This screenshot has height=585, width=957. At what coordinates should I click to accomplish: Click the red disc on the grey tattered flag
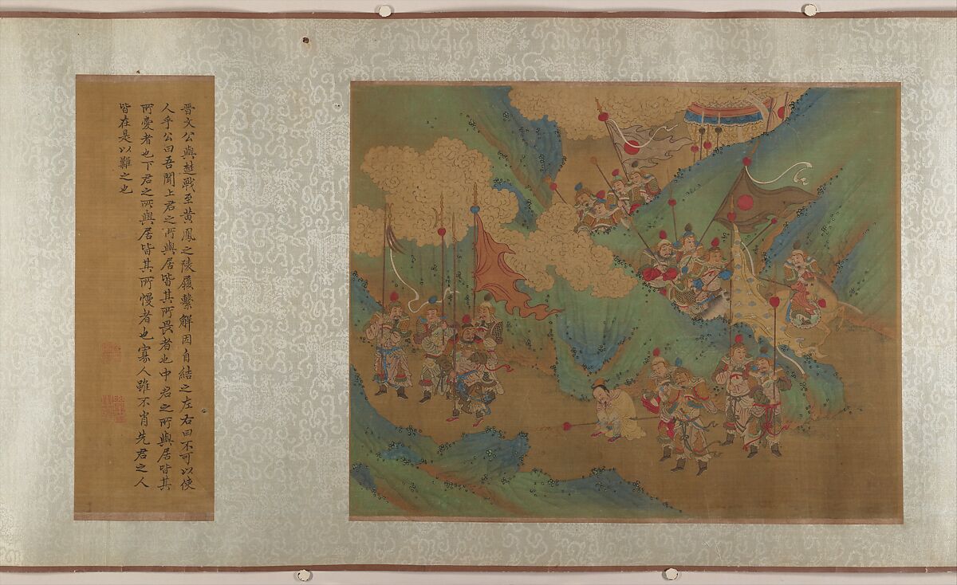tap(631, 147)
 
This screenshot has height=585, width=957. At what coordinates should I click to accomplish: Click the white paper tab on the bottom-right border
tap(672, 574)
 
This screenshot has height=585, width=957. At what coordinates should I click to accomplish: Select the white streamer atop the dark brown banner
tap(797, 171)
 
